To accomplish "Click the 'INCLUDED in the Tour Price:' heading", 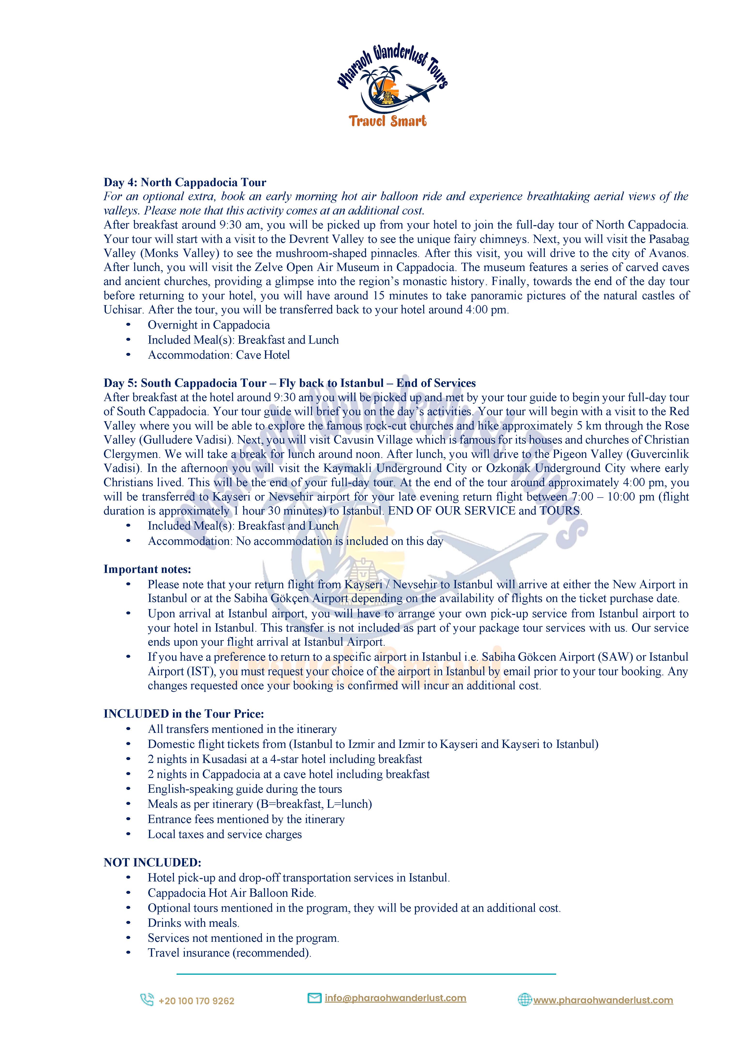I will pos(184,713).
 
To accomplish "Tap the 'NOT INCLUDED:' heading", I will pos(152,862).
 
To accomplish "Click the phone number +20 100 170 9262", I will pos(196,1001).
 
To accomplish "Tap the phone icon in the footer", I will pos(147,999).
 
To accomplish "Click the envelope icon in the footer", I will pos(314,998).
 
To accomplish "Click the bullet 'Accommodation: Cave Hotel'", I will pos(219,355).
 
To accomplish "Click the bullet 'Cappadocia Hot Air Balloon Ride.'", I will pos(232,893).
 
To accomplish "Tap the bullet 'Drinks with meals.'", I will pos(194,923).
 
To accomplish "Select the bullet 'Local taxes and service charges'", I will pos(225,834).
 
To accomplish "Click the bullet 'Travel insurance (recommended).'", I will pos(229,952).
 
